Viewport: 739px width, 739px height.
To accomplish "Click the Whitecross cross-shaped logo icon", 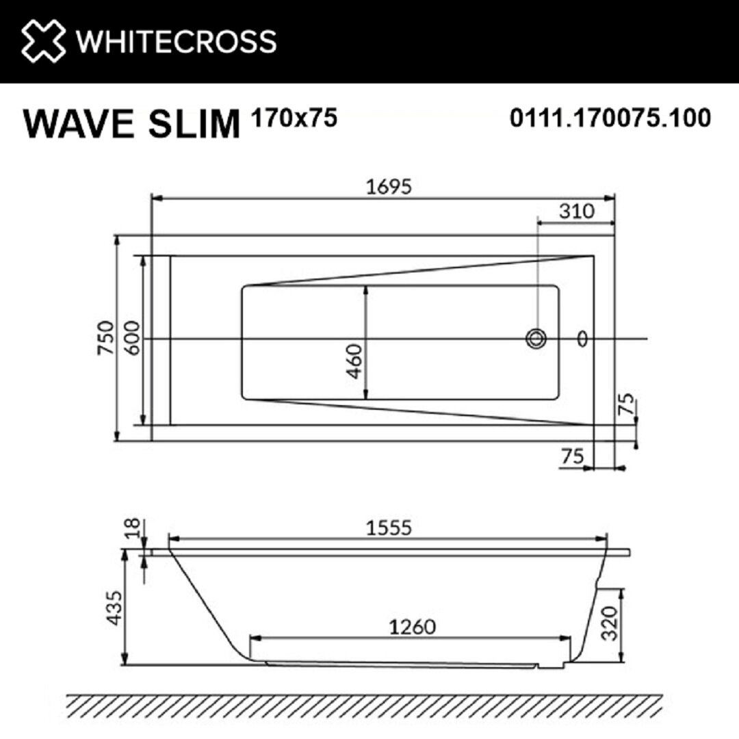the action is (x=43, y=40).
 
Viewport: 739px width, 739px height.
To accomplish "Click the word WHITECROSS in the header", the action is (x=176, y=42).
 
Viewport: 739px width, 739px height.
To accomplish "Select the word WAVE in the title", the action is (x=78, y=123).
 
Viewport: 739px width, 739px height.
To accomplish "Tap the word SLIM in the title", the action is (x=194, y=123).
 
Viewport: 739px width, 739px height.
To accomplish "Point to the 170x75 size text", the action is (x=294, y=118).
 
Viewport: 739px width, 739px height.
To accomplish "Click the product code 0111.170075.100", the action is (x=610, y=118).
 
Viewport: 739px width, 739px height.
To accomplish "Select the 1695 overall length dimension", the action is (x=389, y=187).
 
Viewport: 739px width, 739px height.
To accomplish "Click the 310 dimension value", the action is (x=577, y=211).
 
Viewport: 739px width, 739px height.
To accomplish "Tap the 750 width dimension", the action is (x=105, y=338).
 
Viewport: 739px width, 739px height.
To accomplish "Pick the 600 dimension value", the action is (x=132, y=338).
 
